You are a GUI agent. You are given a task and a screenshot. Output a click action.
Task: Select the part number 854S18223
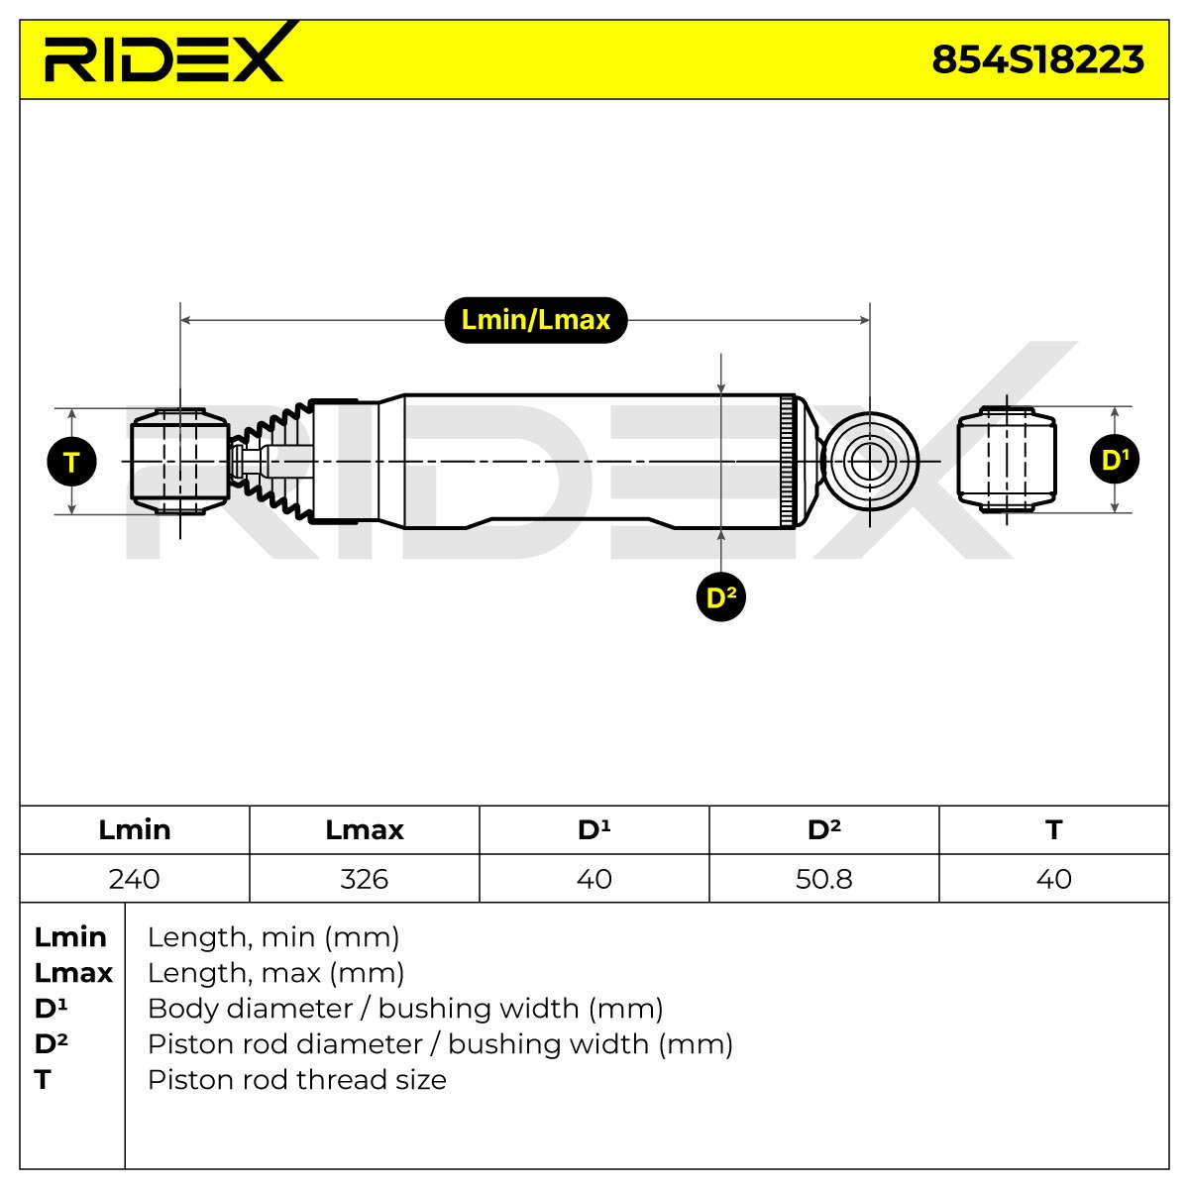point(1037,59)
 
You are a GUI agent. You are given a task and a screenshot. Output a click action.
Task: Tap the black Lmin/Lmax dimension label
point(536,320)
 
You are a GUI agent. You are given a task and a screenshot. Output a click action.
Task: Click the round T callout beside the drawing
point(71,462)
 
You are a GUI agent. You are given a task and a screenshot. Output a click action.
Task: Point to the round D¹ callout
point(1115,460)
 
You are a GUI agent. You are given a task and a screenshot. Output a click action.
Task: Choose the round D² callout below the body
point(720,596)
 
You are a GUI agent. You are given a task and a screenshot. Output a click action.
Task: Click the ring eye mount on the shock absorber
point(869,461)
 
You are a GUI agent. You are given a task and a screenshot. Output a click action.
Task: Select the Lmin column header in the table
point(135,830)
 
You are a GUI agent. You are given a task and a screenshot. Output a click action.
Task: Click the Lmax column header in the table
point(364,830)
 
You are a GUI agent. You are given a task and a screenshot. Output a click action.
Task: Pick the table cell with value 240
point(135,879)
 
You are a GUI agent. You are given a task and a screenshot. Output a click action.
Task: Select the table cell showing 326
point(364,879)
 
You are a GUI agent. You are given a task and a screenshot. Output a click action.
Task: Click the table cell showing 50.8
point(823,879)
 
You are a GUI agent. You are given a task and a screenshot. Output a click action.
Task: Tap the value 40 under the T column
point(1054,879)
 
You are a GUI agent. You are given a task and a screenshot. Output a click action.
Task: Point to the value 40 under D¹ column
point(594,879)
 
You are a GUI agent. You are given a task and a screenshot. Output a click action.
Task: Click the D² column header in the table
point(823,829)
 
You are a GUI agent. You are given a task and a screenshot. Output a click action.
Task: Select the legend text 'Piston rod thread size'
point(297,1080)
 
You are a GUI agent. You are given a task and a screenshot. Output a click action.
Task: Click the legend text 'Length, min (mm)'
point(273,937)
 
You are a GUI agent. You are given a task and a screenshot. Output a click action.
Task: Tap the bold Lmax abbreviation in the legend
point(73,973)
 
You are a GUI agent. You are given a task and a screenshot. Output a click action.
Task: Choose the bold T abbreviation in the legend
point(43,1080)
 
